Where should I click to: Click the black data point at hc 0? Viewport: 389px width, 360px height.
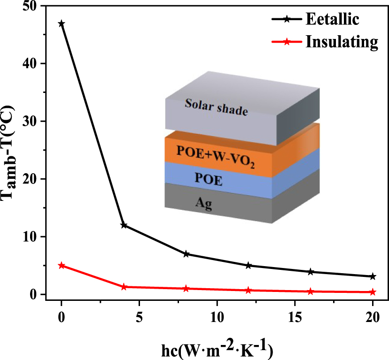point(61,23)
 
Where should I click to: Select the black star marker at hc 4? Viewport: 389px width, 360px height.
point(124,225)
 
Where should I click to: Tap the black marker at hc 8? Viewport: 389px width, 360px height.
point(186,254)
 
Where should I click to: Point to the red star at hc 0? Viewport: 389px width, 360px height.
point(61,266)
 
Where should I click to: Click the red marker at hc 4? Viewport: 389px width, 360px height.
point(124,287)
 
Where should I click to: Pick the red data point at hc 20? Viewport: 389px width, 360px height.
point(373,292)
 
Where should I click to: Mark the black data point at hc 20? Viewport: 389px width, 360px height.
point(373,276)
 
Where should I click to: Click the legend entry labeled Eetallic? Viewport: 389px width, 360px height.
point(333,20)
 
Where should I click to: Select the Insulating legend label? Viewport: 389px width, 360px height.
point(342,42)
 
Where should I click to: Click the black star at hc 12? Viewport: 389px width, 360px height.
point(248,266)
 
